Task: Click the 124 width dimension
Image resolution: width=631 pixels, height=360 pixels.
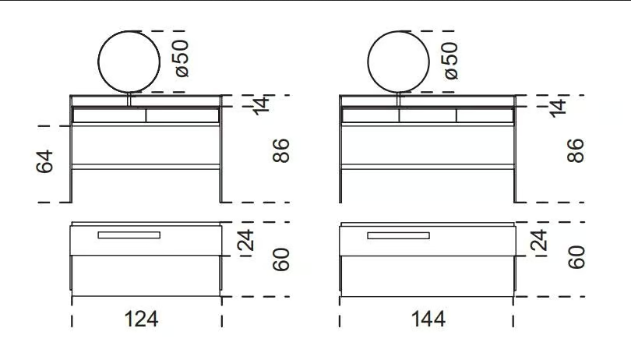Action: (x=141, y=319)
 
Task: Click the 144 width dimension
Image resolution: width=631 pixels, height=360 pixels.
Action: (x=428, y=319)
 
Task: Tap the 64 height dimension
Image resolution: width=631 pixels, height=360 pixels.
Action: (x=44, y=161)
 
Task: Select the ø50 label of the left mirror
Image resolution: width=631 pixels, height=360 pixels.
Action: (x=180, y=58)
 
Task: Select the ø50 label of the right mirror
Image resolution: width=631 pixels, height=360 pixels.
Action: (x=449, y=61)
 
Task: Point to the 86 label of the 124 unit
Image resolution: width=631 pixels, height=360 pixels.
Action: (x=281, y=150)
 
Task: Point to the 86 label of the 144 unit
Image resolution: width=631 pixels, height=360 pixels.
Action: (x=576, y=150)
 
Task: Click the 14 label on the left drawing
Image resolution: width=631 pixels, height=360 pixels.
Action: (x=261, y=105)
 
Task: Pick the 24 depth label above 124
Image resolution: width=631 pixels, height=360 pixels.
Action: (x=245, y=241)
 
